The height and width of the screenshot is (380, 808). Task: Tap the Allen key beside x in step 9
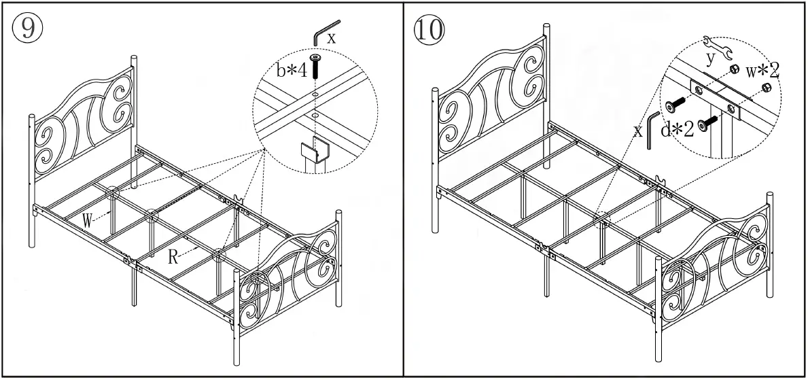click(x=317, y=34)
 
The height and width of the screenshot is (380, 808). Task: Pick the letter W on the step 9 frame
click(x=88, y=220)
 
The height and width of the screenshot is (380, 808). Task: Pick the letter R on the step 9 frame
click(x=175, y=257)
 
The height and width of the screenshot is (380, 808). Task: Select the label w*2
click(x=762, y=70)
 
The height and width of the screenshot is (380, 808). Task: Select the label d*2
click(x=678, y=129)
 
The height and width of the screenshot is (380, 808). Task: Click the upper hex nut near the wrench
click(x=735, y=70)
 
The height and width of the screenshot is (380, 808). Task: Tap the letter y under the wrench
click(x=711, y=58)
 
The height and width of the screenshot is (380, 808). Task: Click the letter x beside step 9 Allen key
click(x=331, y=38)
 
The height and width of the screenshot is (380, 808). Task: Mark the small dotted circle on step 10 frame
click(x=601, y=219)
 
